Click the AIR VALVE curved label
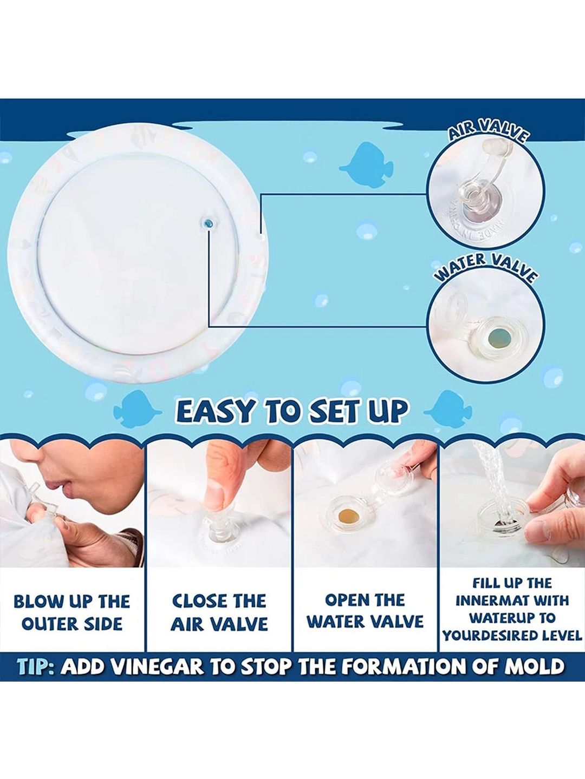[x=487, y=133]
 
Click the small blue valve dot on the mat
[x=209, y=223]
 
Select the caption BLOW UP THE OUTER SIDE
[x=72, y=613]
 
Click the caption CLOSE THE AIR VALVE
[x=219, y=613]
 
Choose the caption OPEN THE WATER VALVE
[x=366, y=612]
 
